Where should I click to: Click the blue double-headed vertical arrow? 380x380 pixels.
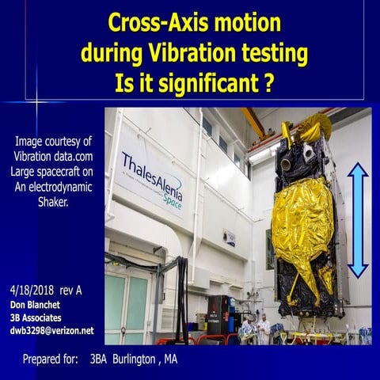358,219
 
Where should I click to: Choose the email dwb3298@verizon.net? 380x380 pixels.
52,330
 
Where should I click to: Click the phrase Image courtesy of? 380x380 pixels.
52,141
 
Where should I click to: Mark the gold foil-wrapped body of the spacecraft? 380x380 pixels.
304,214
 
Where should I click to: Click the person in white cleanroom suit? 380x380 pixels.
260,326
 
